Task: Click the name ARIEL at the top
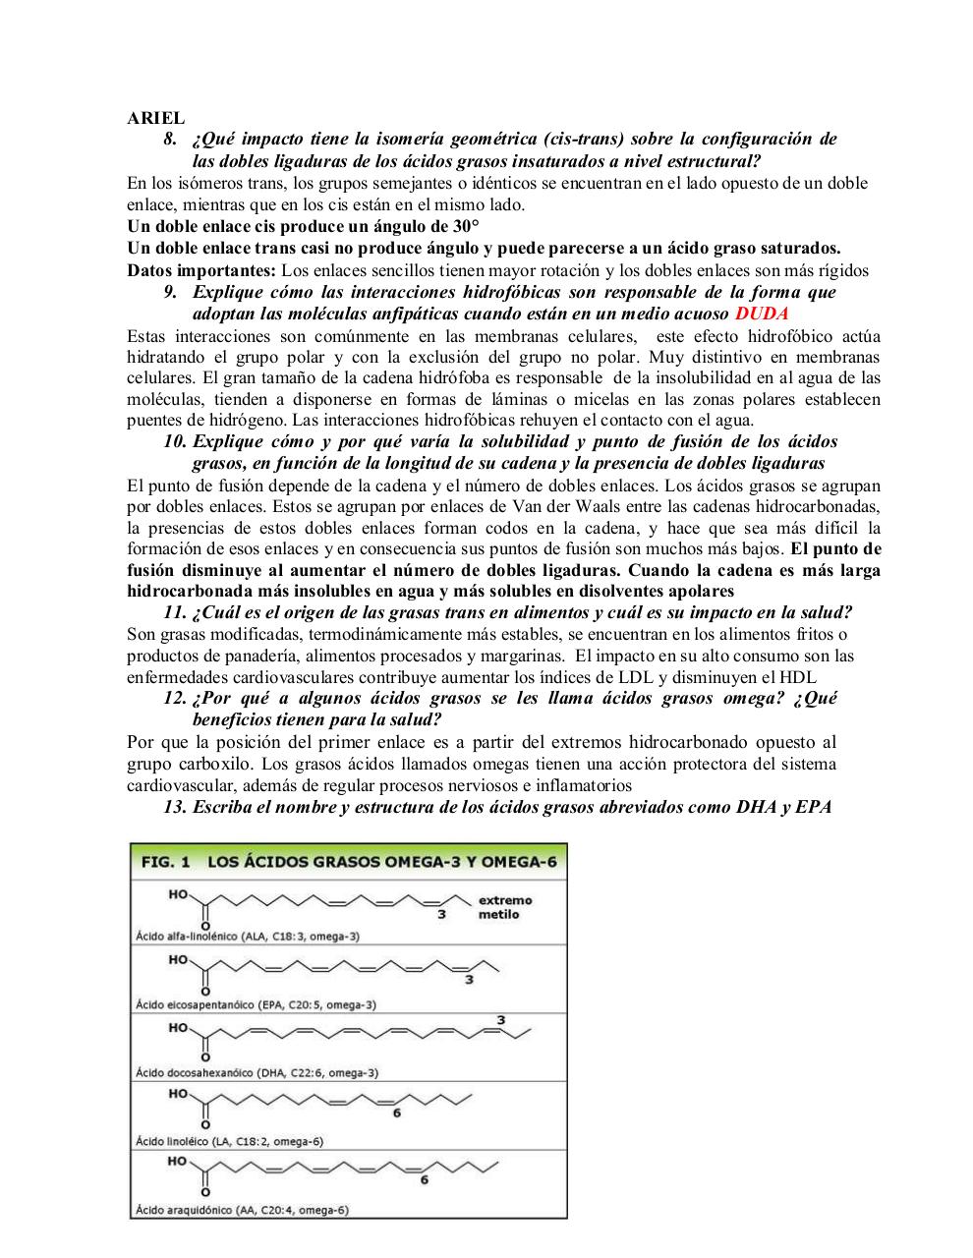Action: tap(155, 118)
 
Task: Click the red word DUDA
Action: tap(762, 314)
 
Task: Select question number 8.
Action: tap(170, 140)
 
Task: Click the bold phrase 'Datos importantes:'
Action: tap(201, 270)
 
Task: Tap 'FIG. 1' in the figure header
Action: tap(165, 862)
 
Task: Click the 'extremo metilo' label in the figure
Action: tap(504, 907)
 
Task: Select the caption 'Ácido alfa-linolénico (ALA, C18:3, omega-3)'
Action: tap(247, 937)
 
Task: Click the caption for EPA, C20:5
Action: tap(256, 1004)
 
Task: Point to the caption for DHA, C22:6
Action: tap(257, 1073)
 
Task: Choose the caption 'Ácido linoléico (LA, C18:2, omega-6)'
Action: tap(229, 1141)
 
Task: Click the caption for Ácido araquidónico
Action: tap(241, 1210)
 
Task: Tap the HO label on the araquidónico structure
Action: tap(177, 1161)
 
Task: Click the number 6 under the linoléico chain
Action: tap(397, 1114)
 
